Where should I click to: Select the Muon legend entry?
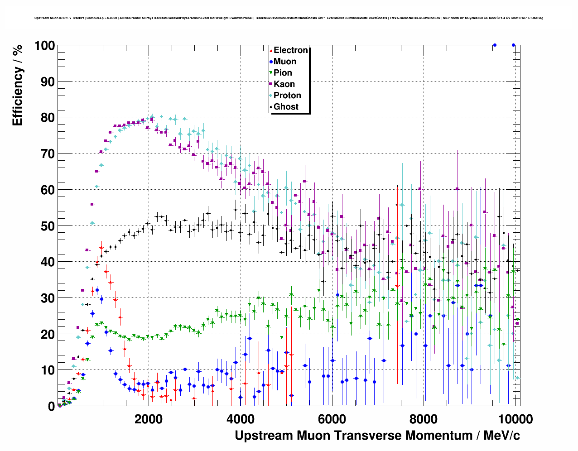tap(284, 62)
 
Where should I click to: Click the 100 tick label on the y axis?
tap(44, 46)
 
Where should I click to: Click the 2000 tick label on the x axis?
tap(148, 419)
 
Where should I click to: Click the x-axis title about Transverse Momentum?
tap(377, 436)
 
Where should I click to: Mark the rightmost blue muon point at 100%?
tap(513, 45)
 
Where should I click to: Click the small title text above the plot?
tap(289, 18)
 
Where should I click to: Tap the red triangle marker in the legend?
tap(271, 50)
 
